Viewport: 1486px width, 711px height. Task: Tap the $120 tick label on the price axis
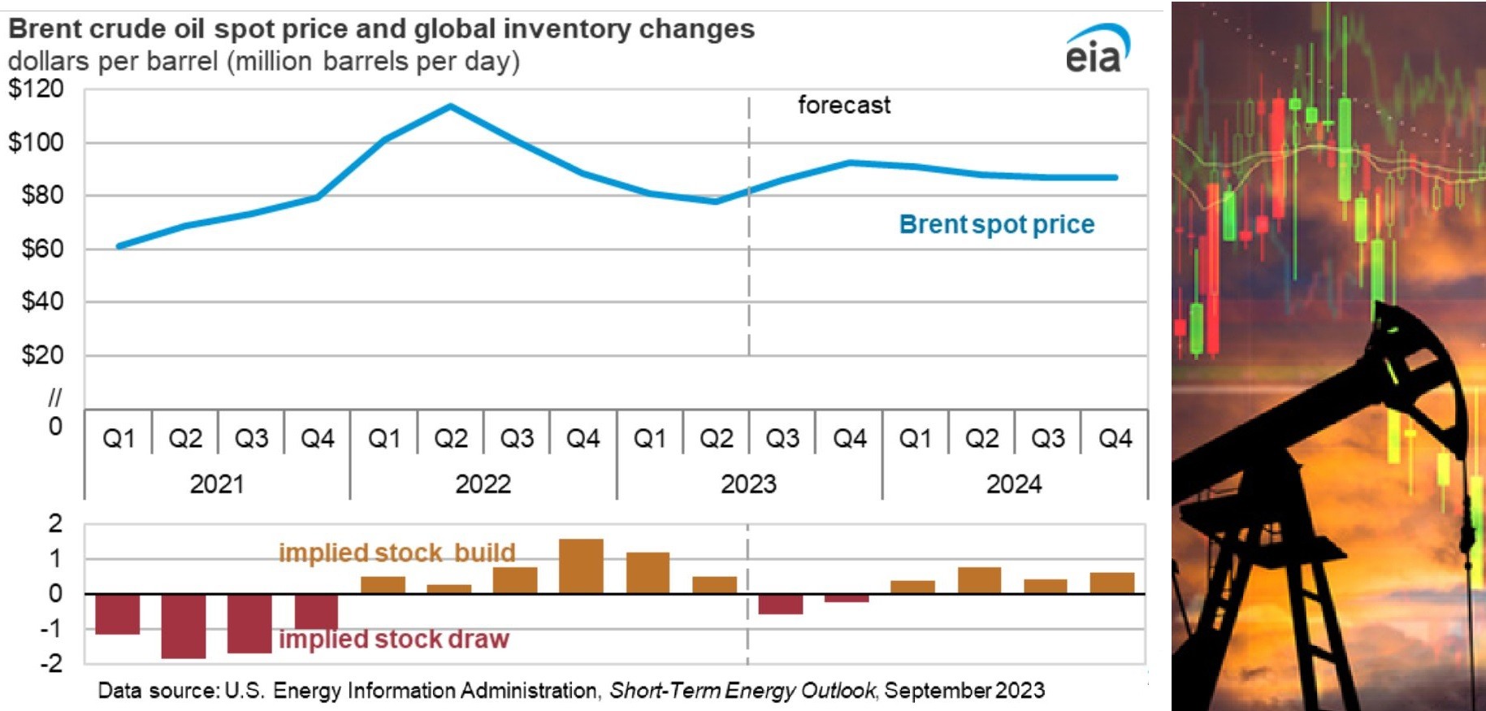point(36,89)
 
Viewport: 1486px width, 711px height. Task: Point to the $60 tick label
point(42,249)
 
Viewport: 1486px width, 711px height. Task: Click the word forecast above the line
point(844,105)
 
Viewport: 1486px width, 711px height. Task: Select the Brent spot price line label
point(997,224)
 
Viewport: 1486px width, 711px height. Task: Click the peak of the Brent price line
point(451,106)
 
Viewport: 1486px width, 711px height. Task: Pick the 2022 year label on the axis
point(483,484)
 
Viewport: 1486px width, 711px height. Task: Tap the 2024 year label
point(1014,484)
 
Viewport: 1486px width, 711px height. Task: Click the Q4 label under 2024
point(1115,439)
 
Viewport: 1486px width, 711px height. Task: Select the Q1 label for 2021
point(119,439)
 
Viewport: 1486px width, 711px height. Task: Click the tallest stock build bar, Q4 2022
point(582,566)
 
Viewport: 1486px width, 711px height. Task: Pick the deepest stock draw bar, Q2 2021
point(184,626)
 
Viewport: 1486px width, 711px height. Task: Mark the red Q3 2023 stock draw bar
point(781,604)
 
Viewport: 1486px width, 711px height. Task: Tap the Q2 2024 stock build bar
point(980,580)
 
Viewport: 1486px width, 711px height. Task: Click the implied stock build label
point(397,553)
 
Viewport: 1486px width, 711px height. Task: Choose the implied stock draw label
point(394,639)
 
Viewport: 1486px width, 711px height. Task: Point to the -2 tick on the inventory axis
point(51,664)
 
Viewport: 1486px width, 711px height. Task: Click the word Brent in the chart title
point(45,29)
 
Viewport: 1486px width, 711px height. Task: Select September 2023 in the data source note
point(964,691)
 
